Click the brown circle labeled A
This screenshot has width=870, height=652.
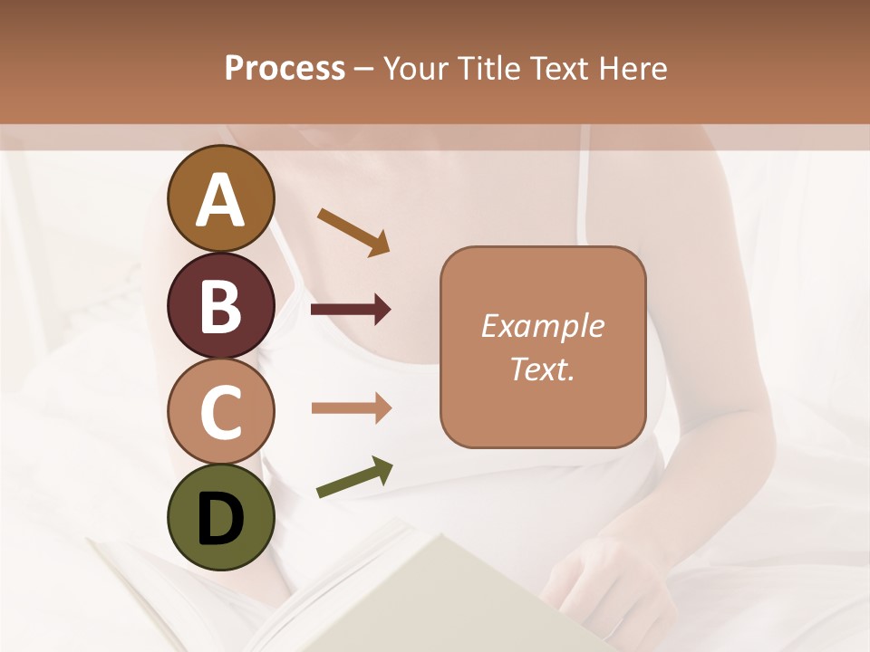click(220, 198)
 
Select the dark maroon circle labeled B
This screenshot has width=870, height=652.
click(220, 305)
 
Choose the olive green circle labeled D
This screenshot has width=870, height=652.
click(220, 517)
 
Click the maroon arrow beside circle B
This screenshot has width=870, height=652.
click(351, 310)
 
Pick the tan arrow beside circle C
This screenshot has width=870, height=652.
click(351, 408)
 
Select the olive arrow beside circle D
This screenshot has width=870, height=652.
click(354, 477)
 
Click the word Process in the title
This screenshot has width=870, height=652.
click(285, 68)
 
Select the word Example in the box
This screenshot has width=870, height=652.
click(542, 326)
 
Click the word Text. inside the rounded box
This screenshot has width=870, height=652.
click(542, 369)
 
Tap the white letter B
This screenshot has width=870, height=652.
click(220, 306)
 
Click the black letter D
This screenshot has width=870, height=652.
click(220, 518)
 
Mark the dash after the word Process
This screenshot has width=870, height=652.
click(364, 69)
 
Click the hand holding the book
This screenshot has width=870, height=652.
click(589, 580)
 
